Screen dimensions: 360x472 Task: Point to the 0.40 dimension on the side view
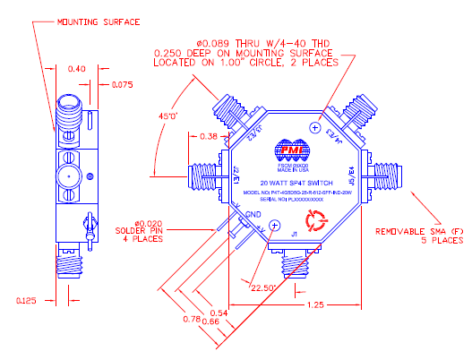tap(77, 68)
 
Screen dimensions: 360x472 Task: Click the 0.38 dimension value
tap(207, 137)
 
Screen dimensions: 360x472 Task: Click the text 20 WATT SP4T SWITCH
tap(292, 182)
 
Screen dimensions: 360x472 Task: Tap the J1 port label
tap(293, 236)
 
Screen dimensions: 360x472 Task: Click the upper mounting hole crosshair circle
tap(313, 128)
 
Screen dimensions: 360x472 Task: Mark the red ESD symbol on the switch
tap(321, 220)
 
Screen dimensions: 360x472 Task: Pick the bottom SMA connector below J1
tap(294, 267)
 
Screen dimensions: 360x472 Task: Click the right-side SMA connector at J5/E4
tap(383, 168)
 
